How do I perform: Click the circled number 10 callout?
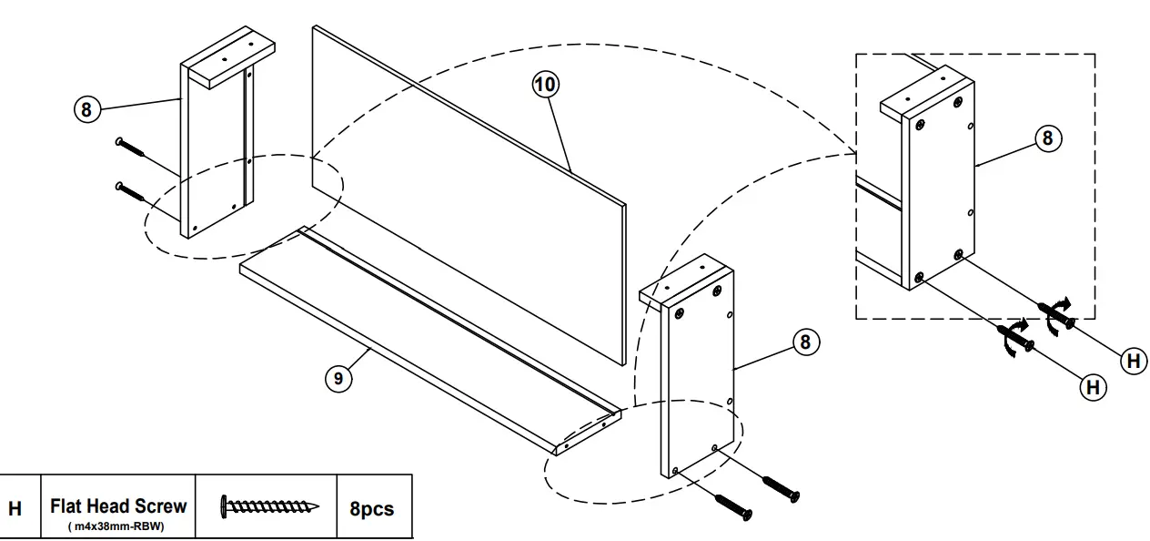click(x=546, y=85)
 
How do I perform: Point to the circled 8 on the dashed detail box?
click(x=1047, y=138)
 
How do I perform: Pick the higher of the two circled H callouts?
click(x=1133, y=362)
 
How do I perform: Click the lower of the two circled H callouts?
click(x=1092, y=387)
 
